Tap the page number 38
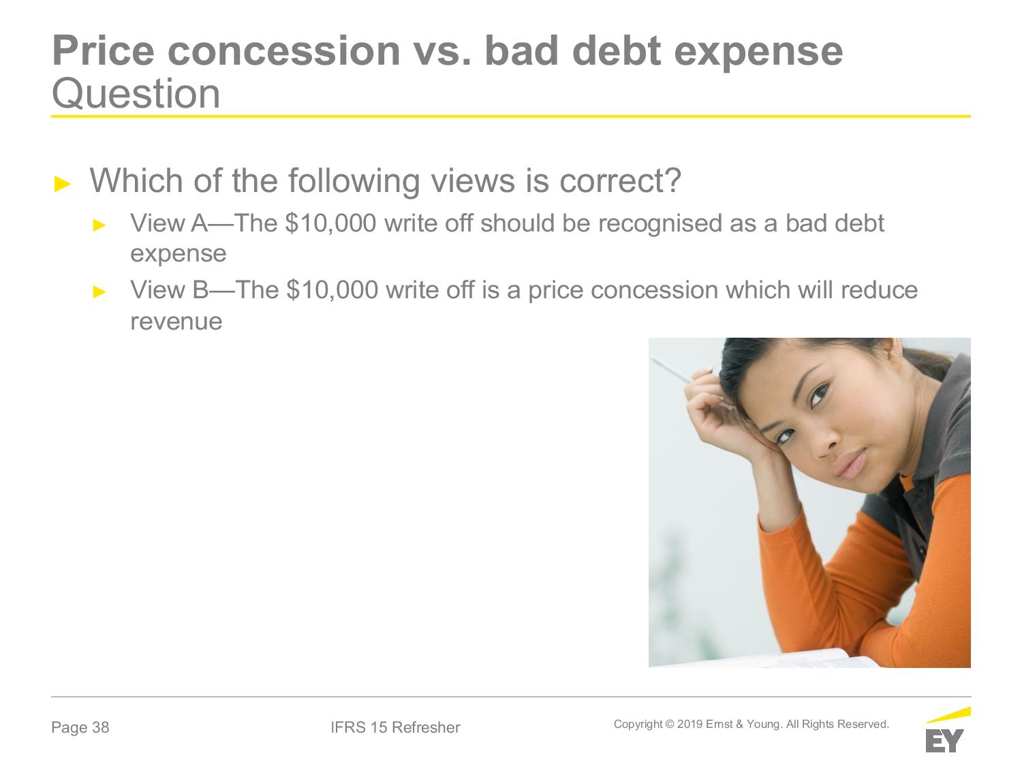click(x=101, y=727)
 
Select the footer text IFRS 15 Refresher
click(x=395, y=727)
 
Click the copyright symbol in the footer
click(x=670, y=724)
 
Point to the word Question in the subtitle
click(x=136, y=94)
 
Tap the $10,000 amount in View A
click(x=330, y=223)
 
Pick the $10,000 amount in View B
click(x=332, y=290)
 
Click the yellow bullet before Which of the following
click(x=63, y=184)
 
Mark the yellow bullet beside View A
click(x=99, y=225)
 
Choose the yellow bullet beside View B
click(x=99, y=292)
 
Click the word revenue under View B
click(x=176, y=322)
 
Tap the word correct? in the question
click(x=621, y=180)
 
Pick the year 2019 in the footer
click(x=690, y=724)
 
